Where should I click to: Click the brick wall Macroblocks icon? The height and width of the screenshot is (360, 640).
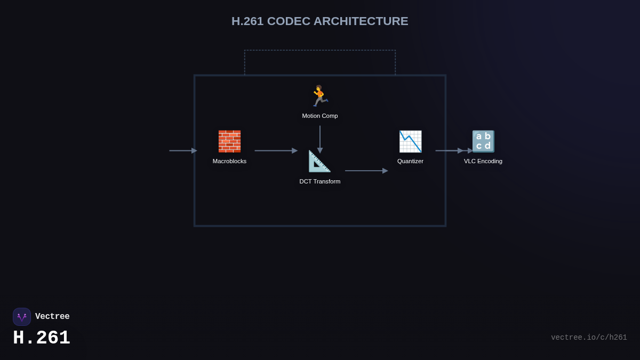[x=229, y=141]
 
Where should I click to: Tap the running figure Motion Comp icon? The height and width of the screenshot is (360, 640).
[x=319, y=96]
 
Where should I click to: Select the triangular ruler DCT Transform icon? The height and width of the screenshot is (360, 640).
[x=319, y=161]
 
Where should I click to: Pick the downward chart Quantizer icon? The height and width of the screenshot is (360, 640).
[x=410, y=141]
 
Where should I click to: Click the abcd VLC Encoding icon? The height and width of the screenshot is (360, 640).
[x=483, y=141]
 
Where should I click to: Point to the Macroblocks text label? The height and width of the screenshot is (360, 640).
[x=229, y=161]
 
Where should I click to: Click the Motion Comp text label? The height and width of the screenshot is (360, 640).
[x=320, y=116]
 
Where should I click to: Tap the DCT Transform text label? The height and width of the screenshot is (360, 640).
[x=320, y=181]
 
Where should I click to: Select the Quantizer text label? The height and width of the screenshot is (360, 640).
[x=410, y=161]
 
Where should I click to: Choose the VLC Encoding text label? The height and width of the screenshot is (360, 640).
[x=483, y=161]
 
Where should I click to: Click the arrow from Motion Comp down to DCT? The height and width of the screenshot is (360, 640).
[x=320, y=139]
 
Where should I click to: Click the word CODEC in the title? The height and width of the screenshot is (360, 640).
[x=289, y=21]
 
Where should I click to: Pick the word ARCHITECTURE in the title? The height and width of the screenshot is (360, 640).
[x=361, y=21]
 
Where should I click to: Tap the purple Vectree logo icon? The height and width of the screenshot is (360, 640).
[x=22, y=317]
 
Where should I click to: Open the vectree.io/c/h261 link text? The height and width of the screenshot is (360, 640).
[x=589, y=338]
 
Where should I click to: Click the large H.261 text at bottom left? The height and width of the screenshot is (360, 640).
[x=42, y=338]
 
